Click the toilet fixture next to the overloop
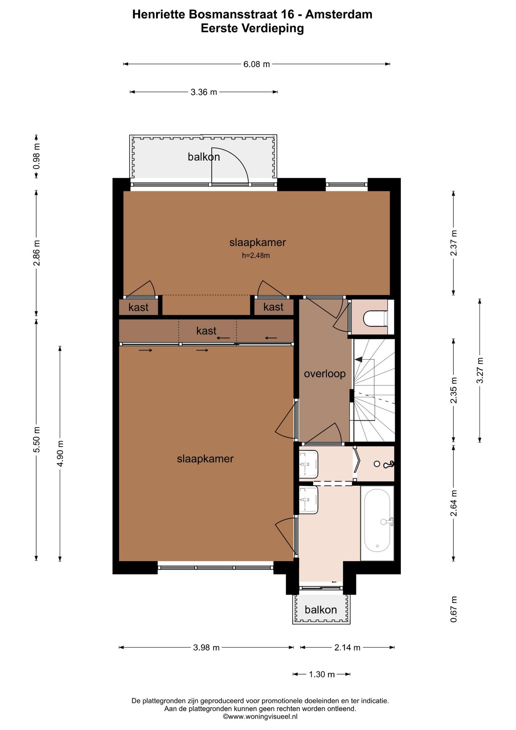(375, 319)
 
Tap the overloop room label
(325, 374)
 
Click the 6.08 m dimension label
(257, 64)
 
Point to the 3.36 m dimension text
(204, 92)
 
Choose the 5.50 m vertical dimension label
(36, 440)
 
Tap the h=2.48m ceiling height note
(256, 255)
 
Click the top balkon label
(204, 157)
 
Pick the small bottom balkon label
(321, 610)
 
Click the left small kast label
(138, 307)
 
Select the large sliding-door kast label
(206, 331)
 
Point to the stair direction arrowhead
(358, 359)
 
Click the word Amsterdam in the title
(339, 14)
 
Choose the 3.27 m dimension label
(480, 370)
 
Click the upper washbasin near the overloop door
(308, 464)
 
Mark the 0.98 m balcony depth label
(36, 156)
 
